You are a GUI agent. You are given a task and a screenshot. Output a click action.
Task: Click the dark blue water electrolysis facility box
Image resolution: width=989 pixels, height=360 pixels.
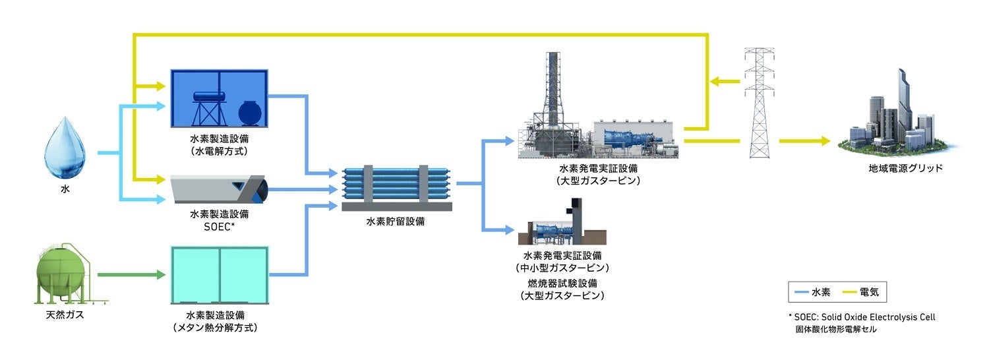[x=218, y=98]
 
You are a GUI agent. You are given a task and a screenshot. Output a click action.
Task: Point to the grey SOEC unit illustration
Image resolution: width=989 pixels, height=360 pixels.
[x=218, y=189]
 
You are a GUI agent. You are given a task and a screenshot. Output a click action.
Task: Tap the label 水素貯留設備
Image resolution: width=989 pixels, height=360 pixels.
[x=396, y=222]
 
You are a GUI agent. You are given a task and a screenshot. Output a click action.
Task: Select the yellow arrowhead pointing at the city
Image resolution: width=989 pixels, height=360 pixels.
[x=824, y=141]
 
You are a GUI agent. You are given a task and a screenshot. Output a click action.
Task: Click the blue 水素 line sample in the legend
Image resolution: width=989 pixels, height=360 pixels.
[x=801, y=291]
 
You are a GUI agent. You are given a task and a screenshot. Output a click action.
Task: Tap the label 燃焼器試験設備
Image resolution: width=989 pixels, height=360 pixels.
[x=562, y=284]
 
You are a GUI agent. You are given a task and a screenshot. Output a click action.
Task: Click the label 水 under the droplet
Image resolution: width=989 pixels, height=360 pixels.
[x=65, y=189]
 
